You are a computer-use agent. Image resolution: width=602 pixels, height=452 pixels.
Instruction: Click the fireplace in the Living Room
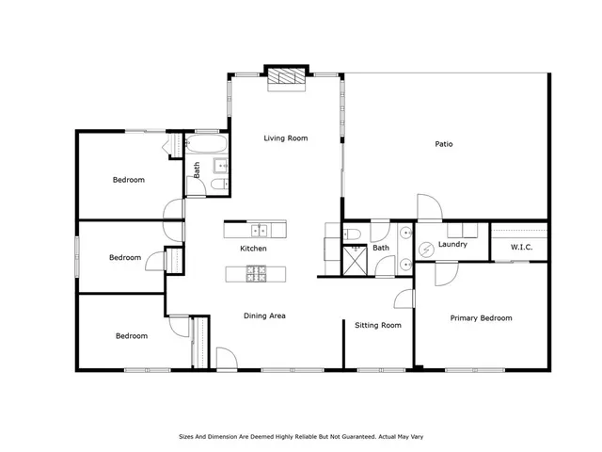pyautogui.click(x=286, y=78)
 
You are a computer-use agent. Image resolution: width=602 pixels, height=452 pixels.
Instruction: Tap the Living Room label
pyautogui.click(x=286, y=138)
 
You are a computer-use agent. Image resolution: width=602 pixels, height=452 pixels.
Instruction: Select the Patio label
pyautogui.click(x=444, y=144)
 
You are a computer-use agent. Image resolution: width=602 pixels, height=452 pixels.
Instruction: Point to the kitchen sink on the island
pyautogui.click(x=257, y=229)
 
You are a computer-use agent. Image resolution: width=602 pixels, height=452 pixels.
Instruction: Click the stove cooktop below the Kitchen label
pyautogui.click(x=257, y=273)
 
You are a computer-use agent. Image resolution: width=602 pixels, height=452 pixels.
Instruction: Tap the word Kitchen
pyautogui.click(x=253, y=249)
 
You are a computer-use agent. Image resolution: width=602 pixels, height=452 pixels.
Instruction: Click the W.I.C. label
pyautogui.click(x=522, y=248)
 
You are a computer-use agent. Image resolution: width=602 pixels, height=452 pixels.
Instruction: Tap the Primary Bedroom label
pyautogui.click(x=481, y=318)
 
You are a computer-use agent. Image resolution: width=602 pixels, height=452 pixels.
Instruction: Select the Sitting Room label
pyautogui.click(x=378, y=325)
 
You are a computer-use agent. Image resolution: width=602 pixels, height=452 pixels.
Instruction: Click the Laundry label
pyautogui.click(x=452, y=245)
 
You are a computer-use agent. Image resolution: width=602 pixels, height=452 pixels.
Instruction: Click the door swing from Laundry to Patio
pyautogui.click(x=427, y=207)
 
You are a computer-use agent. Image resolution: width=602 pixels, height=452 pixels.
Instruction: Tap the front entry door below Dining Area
pyautogui.click(x=227, y=359)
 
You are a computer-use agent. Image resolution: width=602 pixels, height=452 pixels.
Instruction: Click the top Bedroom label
pyautogui.click(x=129, y=179)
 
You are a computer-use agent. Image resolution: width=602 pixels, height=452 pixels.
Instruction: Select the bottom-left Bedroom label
pyautogui.click(x=131, y=335)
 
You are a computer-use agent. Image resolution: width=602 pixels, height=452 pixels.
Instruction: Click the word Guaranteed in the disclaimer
pyautogui.click(x=352, y=437)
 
